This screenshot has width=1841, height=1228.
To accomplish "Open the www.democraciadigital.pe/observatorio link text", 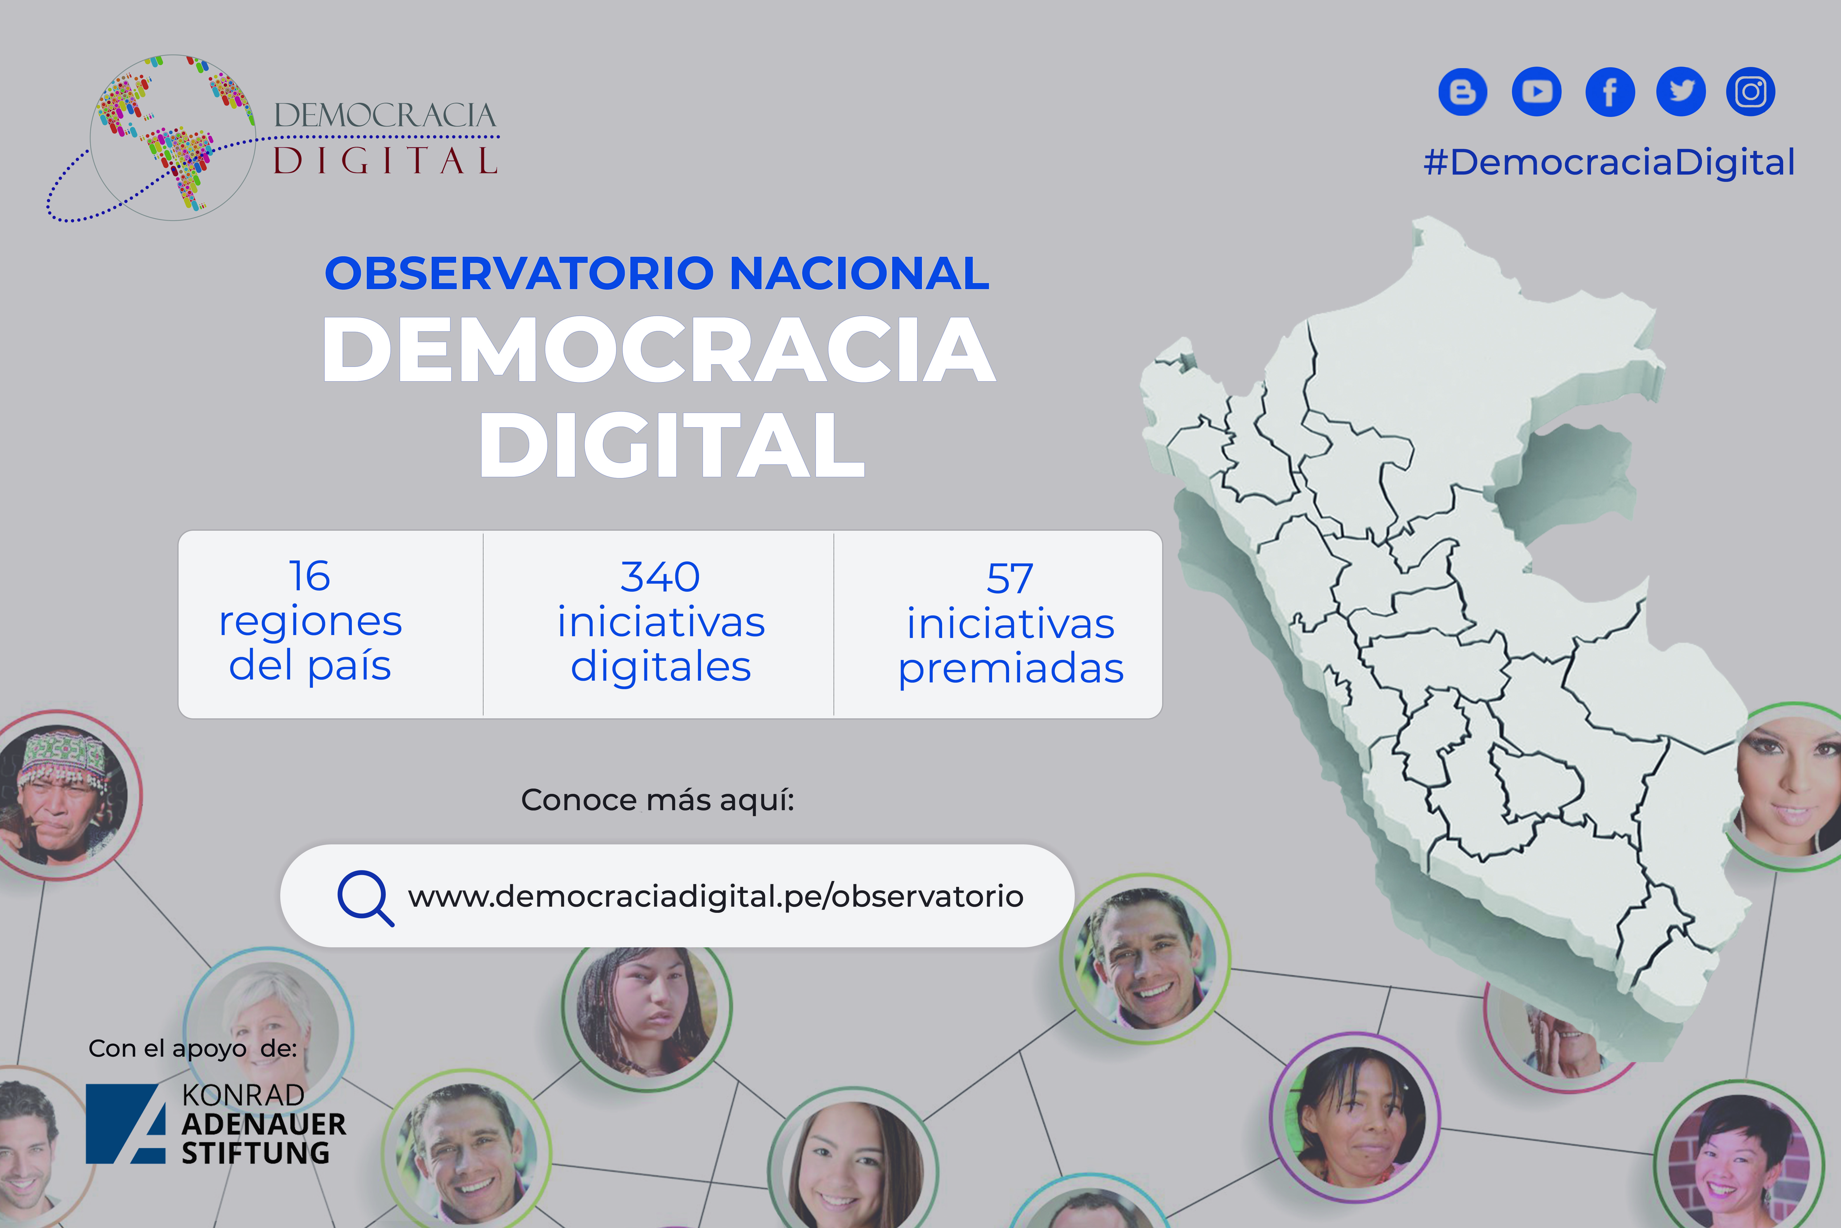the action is (x=715, y=896).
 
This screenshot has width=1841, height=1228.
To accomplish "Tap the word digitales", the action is (x=661, y=667).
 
